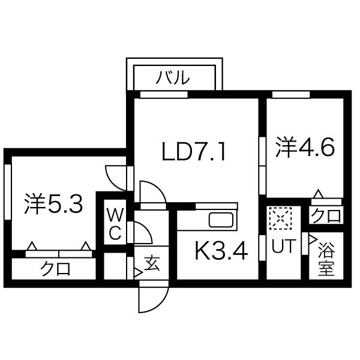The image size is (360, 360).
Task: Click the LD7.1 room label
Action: pos(194,151)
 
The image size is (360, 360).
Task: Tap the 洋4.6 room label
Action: pos(305,148)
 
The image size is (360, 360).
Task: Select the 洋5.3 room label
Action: pos(53,204)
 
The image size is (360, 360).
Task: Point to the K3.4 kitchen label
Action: pos(221,251)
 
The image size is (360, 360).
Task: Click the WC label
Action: pos(115,224)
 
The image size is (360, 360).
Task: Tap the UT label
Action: pos(283,246)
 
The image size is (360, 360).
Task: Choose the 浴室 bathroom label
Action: pos(326,260)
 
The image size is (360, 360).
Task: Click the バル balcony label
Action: pos(173,77)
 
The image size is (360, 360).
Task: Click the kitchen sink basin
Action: pos(221,220)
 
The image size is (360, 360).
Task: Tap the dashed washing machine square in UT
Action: pos(280,218)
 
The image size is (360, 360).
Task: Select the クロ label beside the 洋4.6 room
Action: pos(326,215)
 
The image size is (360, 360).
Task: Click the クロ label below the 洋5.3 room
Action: pos(55,268)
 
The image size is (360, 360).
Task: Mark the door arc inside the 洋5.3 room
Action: pos(116,178)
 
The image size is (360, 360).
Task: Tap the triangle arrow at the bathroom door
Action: pos(313,239)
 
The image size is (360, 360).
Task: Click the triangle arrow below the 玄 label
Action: pos(138,273)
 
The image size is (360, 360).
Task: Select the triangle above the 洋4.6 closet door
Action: pos(319,194)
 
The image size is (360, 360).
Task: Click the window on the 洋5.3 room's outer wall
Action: pos(8,192)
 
